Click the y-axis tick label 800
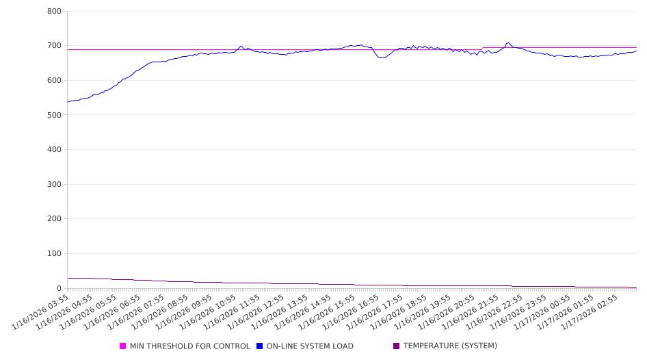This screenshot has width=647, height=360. (55, 12)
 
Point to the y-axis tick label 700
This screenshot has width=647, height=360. (55, 46)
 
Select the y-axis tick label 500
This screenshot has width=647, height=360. (55, 115)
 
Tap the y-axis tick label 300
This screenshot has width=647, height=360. (55, 184)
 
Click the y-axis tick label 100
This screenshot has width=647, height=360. (55, 254)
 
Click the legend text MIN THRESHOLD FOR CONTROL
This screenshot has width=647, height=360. (189, 346)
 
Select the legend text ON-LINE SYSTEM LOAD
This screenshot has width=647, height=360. (310, 346)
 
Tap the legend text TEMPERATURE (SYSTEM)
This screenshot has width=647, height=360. (450, 346)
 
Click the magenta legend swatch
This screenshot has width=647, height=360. (123, 346)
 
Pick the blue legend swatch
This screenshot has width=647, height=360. (260, 346)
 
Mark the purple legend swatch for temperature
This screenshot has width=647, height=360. (397, 346)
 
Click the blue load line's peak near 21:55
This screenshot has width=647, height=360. (507, 42)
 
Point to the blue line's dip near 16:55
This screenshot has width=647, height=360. (382, 58)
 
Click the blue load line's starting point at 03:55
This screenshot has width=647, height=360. (68, 102)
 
